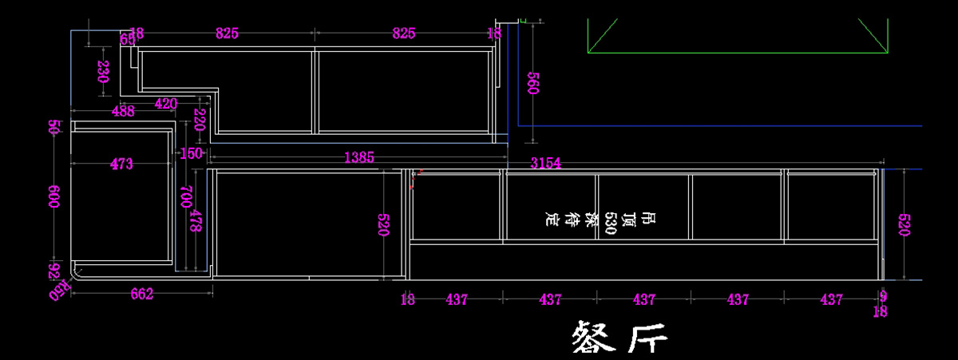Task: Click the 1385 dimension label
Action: (358, 158)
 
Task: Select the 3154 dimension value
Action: (546, 163)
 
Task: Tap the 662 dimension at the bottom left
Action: (141, 295)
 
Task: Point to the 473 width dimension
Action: (121, 164)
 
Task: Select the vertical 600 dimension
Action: (54, 197)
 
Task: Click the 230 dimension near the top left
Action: (103, 73)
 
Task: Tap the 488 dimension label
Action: (123, 112)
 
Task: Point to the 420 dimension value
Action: (166, 103)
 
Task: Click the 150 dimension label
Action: (192, 153)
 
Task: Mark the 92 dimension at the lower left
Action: (54, 271)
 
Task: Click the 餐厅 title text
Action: (620, 338)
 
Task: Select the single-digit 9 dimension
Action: (882, 295)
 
